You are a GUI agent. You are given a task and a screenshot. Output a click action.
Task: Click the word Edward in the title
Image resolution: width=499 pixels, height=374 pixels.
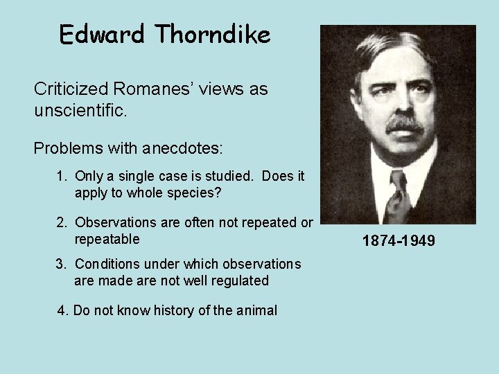[x=94, y=35]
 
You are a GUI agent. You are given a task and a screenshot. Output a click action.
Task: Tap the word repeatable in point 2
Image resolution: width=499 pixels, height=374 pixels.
[x=107, y=239]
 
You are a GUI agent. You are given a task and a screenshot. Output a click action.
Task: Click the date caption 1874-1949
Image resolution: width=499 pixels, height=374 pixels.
[x=399, y=241]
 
